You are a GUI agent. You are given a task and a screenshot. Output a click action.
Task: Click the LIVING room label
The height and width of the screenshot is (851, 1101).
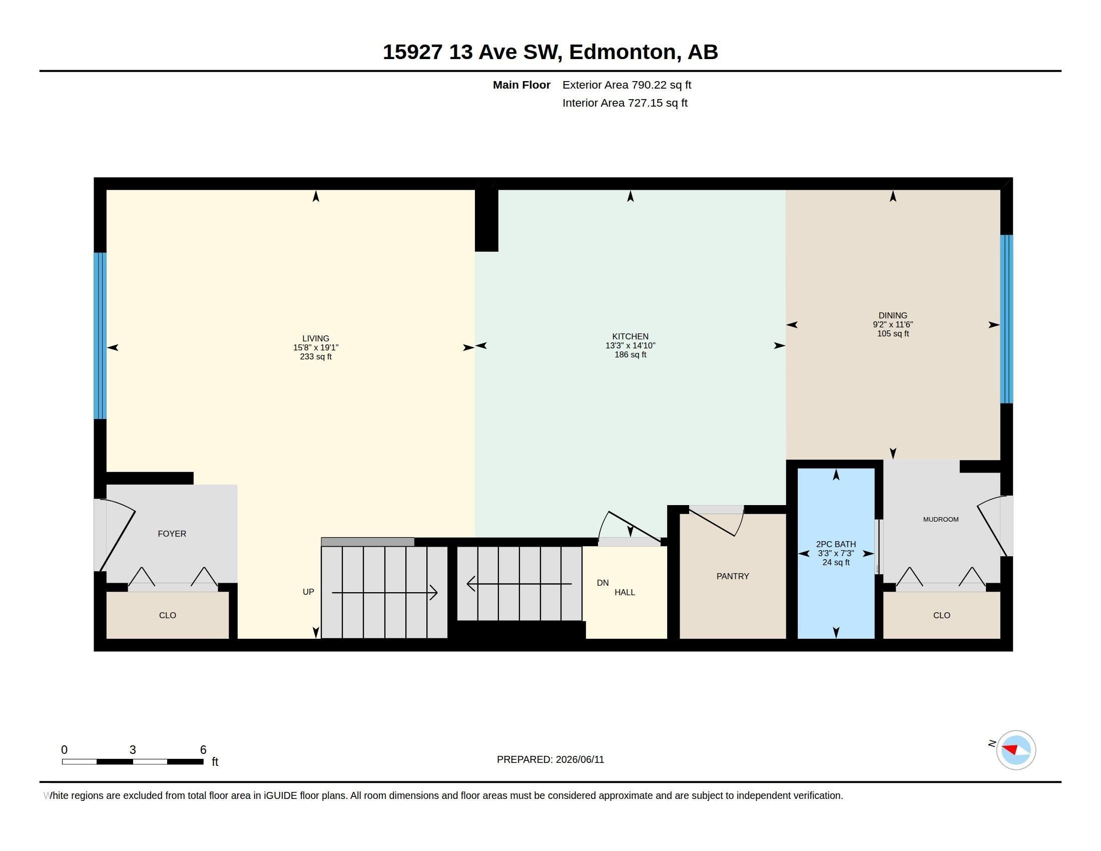pos(316,338)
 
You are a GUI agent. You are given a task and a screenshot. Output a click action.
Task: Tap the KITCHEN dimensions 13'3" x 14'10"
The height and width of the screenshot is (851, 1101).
pos(630,345)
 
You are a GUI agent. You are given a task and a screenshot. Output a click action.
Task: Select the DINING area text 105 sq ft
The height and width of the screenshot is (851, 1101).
pos(893,334)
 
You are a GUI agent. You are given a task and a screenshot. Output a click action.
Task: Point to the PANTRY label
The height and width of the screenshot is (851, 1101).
pos(733,576)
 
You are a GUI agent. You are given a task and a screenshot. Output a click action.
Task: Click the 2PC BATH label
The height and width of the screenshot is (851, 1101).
pos(836,544)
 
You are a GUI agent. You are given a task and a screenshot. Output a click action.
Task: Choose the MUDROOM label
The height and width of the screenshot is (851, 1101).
pos(941,519)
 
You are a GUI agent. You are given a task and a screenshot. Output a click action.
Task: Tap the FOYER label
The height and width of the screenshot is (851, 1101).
pos(172,534)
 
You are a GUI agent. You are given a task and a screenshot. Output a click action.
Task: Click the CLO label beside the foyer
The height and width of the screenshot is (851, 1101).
pos(167,615)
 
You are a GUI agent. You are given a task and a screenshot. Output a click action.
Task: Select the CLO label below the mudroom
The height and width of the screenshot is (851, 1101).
pos(941,615)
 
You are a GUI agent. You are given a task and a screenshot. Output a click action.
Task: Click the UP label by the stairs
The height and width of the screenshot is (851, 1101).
pos(308,592)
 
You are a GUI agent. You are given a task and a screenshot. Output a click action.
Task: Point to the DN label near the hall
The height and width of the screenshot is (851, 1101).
pos(603,583)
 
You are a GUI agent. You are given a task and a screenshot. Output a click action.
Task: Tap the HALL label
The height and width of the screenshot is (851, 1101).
pos(625,592)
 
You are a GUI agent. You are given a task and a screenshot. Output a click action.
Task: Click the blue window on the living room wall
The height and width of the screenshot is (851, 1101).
pos(100,336)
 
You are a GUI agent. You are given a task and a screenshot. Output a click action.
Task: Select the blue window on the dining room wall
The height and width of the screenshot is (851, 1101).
pos(1006,319)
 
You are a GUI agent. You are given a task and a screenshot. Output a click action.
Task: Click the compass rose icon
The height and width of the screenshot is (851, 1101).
pos(1016,750)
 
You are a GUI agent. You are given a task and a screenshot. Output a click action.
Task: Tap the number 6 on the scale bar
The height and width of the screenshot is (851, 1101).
pos(203,750)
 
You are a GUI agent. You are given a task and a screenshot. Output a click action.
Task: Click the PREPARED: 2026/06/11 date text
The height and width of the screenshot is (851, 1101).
pos(550,759)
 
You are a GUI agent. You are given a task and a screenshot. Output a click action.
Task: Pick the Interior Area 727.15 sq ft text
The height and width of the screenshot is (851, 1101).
pos(625,103)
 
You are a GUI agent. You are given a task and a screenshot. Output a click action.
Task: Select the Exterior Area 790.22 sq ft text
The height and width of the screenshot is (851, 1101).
pos(627,85)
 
